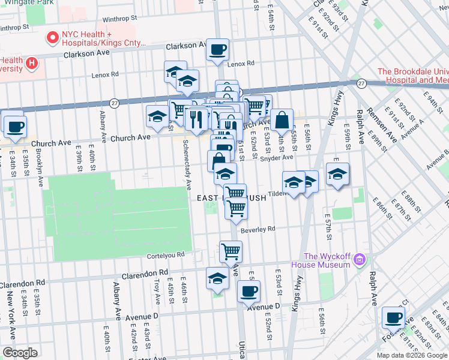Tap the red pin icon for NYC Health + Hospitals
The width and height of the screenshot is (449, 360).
(52, 38)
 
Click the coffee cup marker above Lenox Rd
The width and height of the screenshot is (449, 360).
(217, 49)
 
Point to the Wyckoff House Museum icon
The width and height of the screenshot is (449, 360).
(360, 260)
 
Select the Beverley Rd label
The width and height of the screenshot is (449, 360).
(258, 229)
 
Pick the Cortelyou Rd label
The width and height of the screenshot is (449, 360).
(166, 255)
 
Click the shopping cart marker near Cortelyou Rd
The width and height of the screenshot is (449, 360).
(231, 251)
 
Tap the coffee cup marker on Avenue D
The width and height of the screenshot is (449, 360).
(249, 292)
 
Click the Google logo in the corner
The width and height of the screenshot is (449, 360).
(20, 353)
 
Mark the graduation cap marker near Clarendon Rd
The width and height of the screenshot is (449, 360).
(217, 278)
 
